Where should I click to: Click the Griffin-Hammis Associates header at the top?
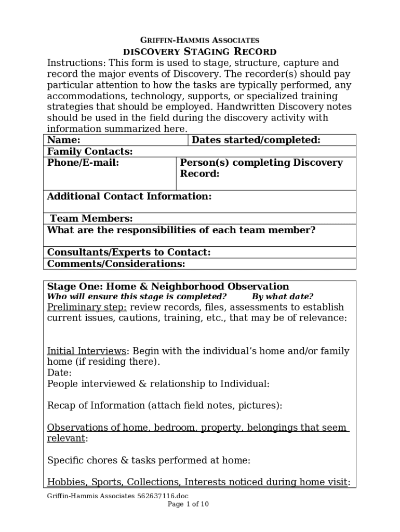(x=200, y=40)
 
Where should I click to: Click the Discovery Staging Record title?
(x=199, y=51)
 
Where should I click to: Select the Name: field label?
(x=64, y=140)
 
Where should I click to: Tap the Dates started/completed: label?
(x=256, y=140)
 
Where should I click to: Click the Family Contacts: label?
(x=90, y=151)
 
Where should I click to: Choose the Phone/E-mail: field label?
(x=83, y=163)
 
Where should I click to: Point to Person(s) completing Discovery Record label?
(x=261, y=168)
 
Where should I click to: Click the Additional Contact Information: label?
(x=129, y=196)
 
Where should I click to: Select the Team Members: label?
(x=91, y=219)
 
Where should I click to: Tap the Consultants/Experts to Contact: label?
(x=129, y=252)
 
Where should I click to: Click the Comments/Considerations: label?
(x=116, y=264)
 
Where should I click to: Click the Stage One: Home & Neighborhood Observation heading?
(x=168, y=286)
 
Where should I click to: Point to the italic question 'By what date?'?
(x=283, y=297)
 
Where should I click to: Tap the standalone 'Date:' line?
(x=59, y=373)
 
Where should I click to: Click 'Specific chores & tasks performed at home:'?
(x=149, y=460)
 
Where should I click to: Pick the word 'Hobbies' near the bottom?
(x=65, y=482)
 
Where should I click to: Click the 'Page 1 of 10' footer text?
(x=188, y=504)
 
